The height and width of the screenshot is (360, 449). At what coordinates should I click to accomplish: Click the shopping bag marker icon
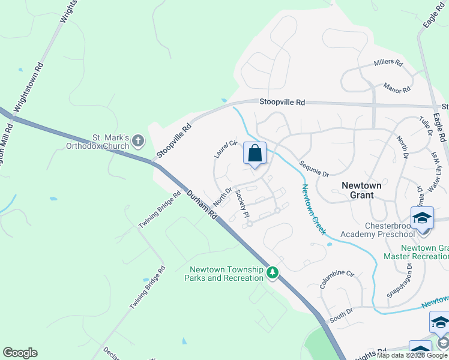click(255, 154)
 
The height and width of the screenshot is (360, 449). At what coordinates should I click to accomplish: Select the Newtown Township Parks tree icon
click(273, 274)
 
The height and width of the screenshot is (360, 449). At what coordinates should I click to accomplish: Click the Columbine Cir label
click(337, 280)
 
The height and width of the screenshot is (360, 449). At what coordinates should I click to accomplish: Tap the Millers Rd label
click(388, 62)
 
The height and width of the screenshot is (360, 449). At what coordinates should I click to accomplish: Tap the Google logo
click(20, 353)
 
